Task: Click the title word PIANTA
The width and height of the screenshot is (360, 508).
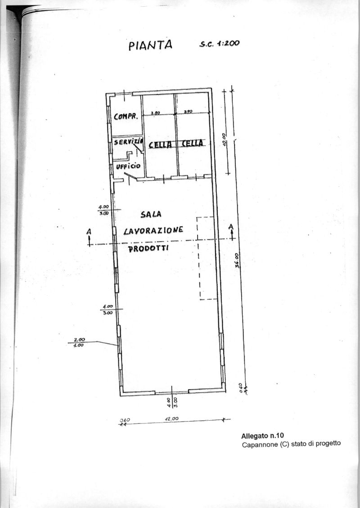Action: point(150,45)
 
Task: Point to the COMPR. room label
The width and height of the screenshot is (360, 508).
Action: point(126,117)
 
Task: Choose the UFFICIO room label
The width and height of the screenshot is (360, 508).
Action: point(128,166)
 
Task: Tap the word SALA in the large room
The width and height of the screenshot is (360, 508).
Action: point(151,215)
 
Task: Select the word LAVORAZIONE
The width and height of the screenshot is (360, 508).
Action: point(153,230)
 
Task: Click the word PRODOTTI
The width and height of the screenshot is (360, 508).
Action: point(148,248)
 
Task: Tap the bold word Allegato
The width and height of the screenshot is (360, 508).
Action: point(254,436)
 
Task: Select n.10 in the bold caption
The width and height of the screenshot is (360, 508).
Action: point(275,436)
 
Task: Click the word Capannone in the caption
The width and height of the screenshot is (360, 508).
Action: point(259,445)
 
